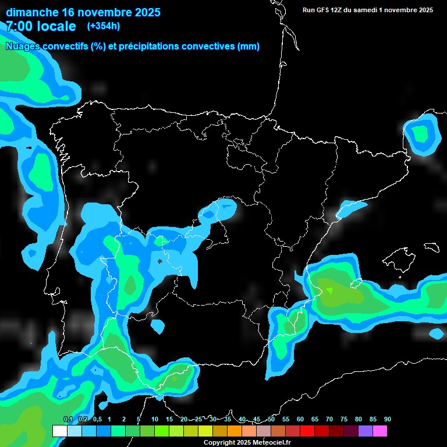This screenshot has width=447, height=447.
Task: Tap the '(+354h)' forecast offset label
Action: tap(104, 26)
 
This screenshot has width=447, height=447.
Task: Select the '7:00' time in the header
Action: tap(20, 26)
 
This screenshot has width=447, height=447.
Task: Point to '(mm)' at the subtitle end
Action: tap(249, 47)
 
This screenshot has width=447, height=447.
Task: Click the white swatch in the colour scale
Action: tap(59, 431)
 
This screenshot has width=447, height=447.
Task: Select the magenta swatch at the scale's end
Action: tap(380, 431)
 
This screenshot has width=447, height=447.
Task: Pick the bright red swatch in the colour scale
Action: tap(307, 431)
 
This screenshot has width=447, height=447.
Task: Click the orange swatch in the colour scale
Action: tap(235, 431)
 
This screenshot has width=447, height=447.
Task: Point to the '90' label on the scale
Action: tap(388, 419)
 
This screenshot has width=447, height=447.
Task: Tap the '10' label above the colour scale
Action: tap(155, 419)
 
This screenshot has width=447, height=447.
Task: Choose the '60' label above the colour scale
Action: tap(300, 419)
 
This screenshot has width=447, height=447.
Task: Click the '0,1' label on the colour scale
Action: tap(68, 419)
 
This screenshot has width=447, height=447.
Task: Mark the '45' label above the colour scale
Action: tap(257, 419)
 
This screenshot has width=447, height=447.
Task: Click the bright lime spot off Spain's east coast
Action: tap(330, 290)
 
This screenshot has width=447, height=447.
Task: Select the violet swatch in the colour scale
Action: tap(366, 431)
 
